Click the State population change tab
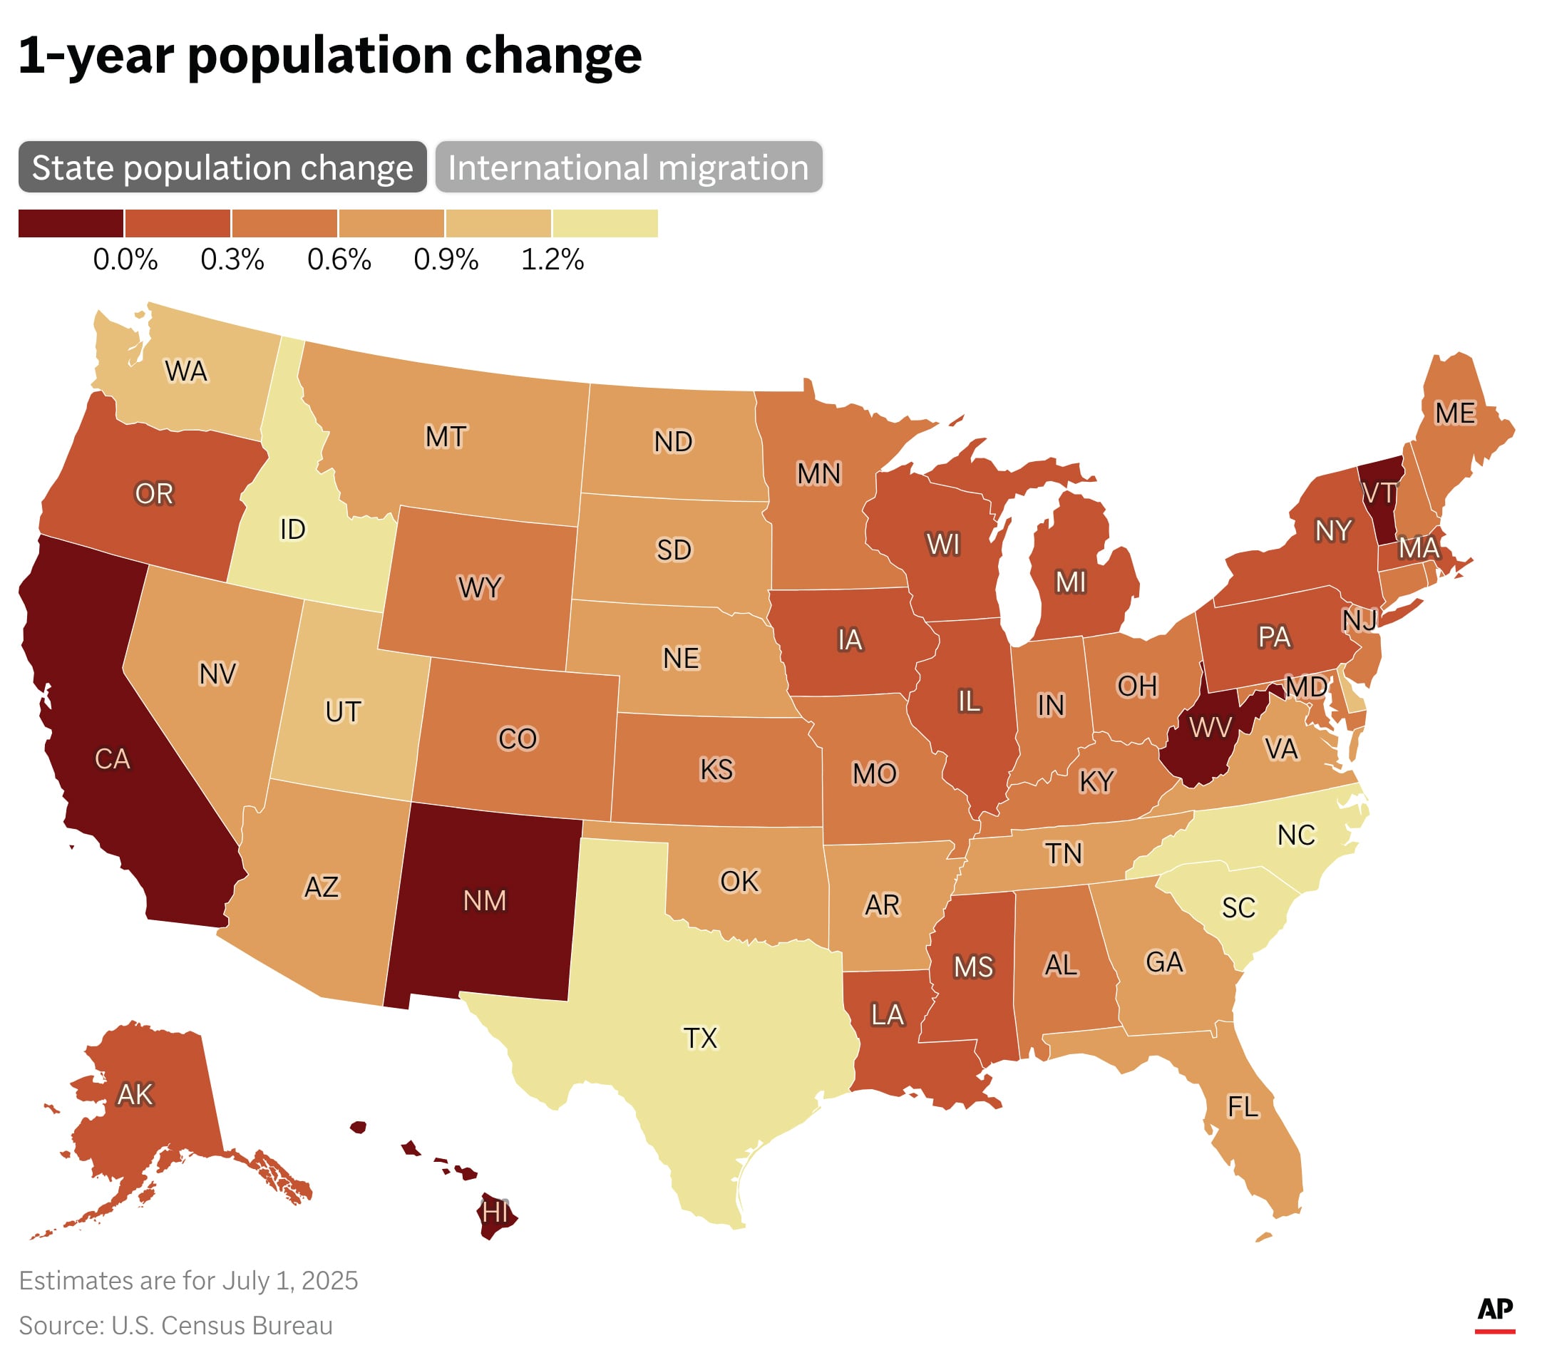[x=222, y=167]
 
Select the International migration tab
[x=627, y=167]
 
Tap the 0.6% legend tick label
[x=339, y=259]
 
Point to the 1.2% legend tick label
[x=552, y=259]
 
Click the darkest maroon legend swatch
[x=71, y=223]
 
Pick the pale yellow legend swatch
[x=605, y=223]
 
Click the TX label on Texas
[x=700, y=1039]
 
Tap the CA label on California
[x=113, y=759]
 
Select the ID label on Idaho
[x=293, y=530]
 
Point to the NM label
[x=484, y=901]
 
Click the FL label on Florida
[x=1243, y=1107]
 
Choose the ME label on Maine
[x=1454, y=413]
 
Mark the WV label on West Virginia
[x=1210, y=727]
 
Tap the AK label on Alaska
[x=135, y=1095]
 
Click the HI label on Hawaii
[x=495, y=1212]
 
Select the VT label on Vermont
[x=1379, y=493]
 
